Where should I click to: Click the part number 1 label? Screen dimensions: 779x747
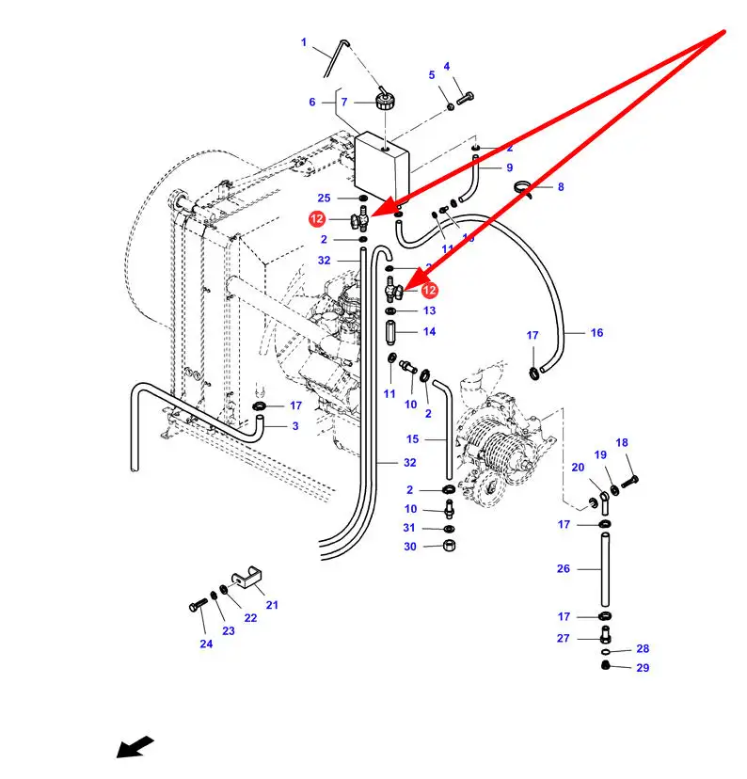point(304,42)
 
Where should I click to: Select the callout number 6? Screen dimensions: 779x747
point(312,103)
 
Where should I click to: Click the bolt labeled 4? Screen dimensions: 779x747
point(464,96)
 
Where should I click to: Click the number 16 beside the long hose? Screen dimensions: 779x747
point(596,332)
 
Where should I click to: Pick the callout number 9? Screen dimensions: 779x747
point(509,167)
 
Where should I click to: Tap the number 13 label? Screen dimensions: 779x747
point(429,310)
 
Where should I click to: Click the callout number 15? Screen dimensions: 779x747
point(412,439)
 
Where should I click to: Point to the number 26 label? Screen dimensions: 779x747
point(564,568)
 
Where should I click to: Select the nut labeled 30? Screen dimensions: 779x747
point(450,547)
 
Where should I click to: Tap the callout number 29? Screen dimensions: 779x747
point(643,667)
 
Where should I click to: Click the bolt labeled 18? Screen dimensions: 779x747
point(629,479)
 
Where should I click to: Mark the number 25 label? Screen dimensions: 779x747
point(324,198)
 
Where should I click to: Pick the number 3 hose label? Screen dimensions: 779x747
point(294,426)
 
